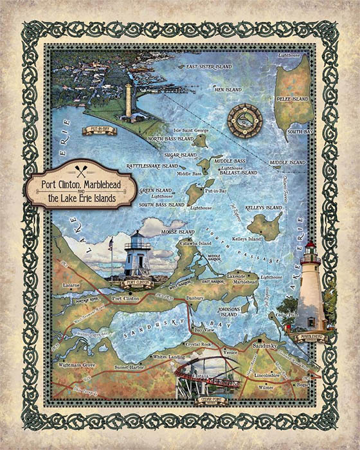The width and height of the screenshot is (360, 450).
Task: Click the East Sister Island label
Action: coord(208,66)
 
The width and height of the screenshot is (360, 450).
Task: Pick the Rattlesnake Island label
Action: coord(152,166)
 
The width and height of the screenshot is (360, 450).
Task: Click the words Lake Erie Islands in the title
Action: coord(82,199)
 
